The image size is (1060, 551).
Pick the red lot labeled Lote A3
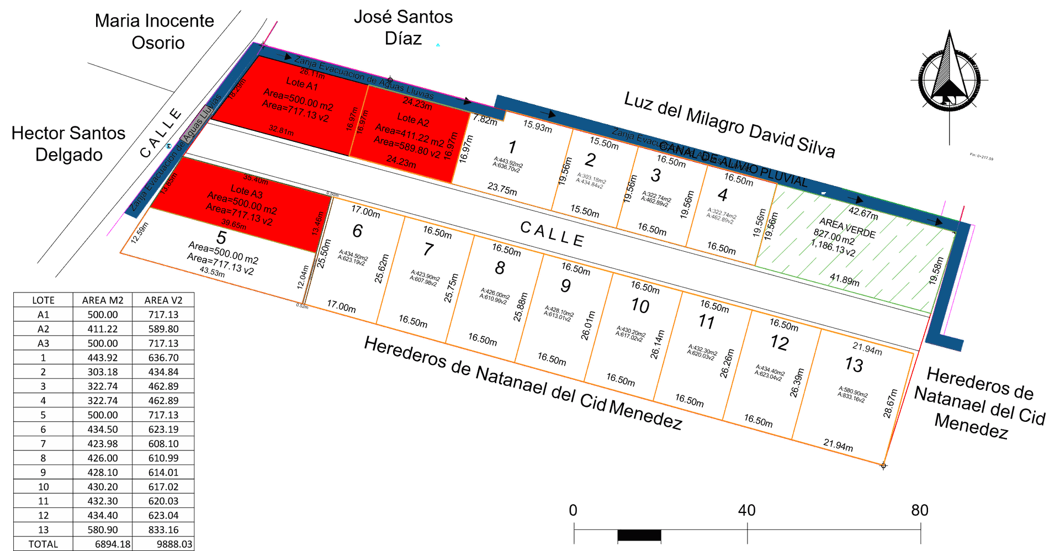point(243,207)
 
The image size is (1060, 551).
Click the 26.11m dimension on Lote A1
point(312,73)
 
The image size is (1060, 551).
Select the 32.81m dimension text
point(281,130)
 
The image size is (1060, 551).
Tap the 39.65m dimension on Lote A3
point(234,224)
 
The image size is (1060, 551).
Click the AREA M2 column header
point(103,300)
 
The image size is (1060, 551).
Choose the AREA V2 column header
point(163,300)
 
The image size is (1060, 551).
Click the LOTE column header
point(43,300)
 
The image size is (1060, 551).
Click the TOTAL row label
point(43,544)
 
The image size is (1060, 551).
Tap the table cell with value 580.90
point(103,530)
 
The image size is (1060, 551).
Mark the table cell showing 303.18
point(103,372)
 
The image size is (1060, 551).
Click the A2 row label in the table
point(43,329)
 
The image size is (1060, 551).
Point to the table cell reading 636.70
point(163,358)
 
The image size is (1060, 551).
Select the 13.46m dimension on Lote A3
point(317,224)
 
